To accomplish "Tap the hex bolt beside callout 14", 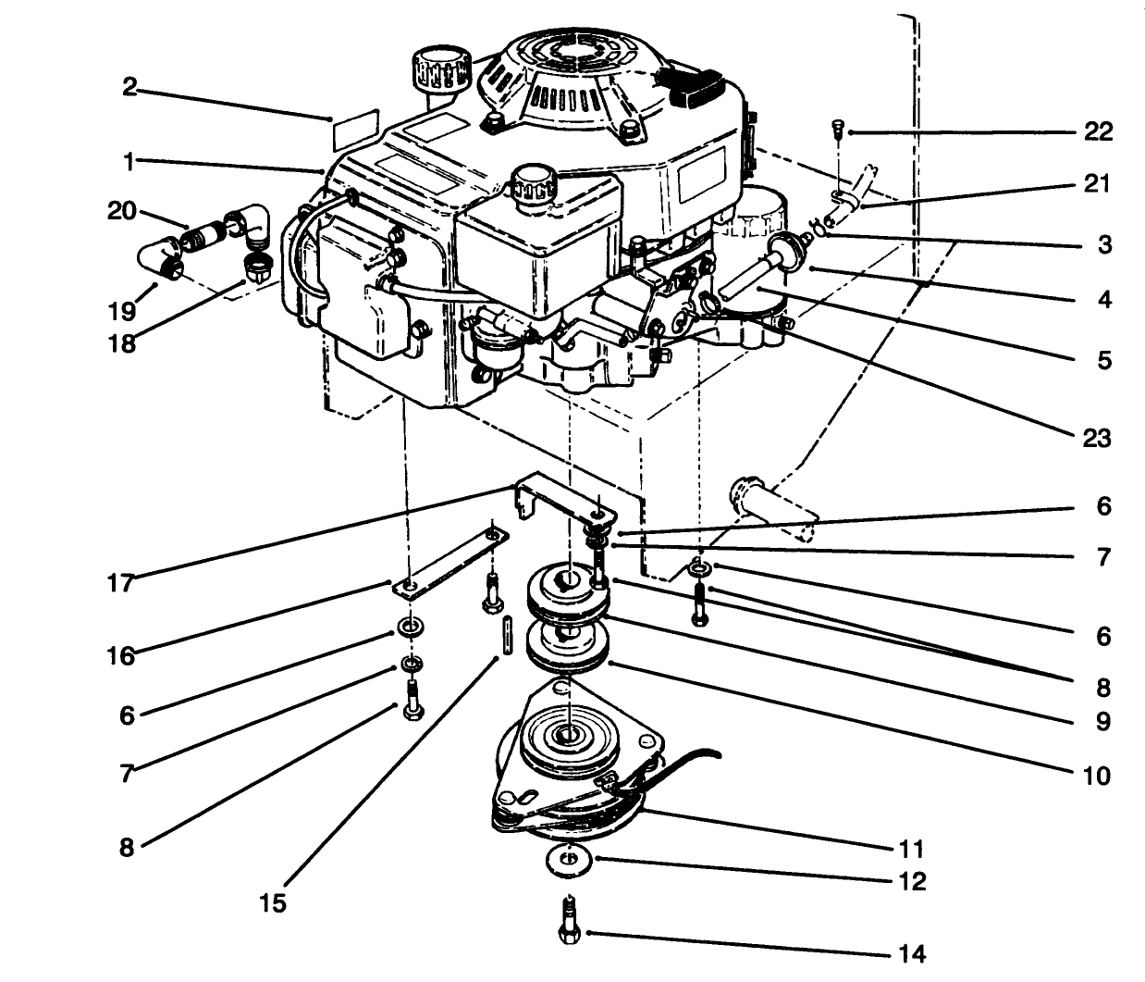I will pyautogui.click(x=569, y=921).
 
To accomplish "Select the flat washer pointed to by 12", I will pyautogui.click(x=568, y=860).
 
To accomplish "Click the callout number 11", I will pyautogui.click(x=910, y=849).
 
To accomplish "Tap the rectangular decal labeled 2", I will pyautogui.click(x=355, y=129).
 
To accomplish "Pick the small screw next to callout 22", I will pyautogui.click(x=837, y=131).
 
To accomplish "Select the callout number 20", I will pyautogui.click(x=121, y=212).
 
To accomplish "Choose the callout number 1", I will pyautogui.click(x=130, y=161).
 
